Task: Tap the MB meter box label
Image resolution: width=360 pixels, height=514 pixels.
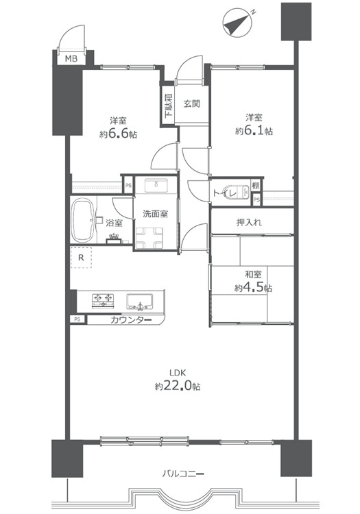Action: [x=71, y=59]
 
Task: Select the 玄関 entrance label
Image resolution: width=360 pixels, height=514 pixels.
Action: [x=191, y=104]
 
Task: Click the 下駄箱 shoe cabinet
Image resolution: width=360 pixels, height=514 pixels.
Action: [x=167, y=106]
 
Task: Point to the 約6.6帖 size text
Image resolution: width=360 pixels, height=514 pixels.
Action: [x=119, y=134]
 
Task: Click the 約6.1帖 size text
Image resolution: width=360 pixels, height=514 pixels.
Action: [x=254, y=131]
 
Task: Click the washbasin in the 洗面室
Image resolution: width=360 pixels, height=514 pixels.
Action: [x=156, y=186]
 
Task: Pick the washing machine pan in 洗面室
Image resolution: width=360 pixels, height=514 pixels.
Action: [x=149, y=238]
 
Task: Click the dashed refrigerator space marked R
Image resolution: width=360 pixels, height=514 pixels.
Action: [x=81, y=258]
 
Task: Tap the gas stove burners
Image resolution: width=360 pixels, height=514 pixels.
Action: [x=103, y=301]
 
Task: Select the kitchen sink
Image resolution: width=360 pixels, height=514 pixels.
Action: [x=140, y=302]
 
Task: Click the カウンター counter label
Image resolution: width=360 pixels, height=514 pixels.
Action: [x=131, y=320]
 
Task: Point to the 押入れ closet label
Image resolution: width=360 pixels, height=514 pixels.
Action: [x=249, y=223]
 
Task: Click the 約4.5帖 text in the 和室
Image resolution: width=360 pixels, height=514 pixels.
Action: [x=253, y=288]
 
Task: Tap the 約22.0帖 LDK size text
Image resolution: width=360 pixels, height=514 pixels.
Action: [x=178, y=386]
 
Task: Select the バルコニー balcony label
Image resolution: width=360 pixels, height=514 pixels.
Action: [x=184, y=474]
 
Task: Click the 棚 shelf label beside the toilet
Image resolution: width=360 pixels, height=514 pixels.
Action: [x=256, y=186]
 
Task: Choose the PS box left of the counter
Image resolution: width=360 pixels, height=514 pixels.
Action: [x=77, y=319]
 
